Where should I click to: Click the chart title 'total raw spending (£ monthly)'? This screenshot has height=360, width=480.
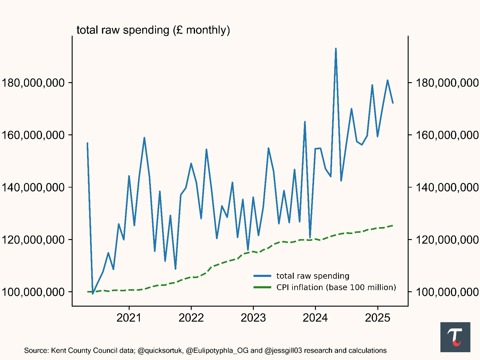point(153,30)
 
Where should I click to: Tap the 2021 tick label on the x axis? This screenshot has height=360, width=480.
point(129,318)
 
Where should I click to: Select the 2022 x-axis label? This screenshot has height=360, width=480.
point(191,318)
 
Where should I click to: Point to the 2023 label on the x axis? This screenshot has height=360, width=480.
point(253,318)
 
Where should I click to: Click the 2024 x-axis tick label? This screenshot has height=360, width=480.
point(315,318)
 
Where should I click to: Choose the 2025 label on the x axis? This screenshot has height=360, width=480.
point(377,318)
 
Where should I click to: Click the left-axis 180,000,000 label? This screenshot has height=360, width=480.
point(33,83)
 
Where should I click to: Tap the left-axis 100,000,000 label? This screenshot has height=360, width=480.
point(33,292)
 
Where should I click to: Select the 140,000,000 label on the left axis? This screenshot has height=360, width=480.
point(33,187)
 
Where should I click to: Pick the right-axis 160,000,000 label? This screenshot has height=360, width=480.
point(447,135)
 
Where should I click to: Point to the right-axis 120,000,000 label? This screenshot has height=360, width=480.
point(447,240)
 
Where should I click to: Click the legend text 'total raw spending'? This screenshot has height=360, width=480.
point(313,276)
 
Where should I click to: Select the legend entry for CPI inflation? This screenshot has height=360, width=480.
point(336,287)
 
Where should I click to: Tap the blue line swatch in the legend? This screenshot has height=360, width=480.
point(262,276)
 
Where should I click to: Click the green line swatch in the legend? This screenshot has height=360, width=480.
point(262,287)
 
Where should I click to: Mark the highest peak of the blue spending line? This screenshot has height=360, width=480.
point(336,48)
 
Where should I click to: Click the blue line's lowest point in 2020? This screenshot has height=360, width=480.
point(93,294)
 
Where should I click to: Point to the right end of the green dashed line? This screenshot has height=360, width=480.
point(393,225)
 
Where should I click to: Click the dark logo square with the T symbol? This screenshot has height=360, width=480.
point(455,337)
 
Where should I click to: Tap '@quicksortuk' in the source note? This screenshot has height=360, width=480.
point(160,351)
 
